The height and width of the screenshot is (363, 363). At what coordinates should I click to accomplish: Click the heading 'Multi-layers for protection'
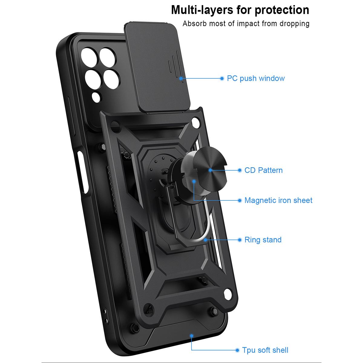click(240, 10)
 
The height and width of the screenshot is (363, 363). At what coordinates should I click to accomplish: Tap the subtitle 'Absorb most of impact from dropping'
click(246, 24)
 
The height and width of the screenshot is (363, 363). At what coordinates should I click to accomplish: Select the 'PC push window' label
click(256, 78)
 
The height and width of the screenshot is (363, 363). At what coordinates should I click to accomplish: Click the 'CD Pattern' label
click(263, 170)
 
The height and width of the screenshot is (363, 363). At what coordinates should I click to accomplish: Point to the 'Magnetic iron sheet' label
click(278, 200)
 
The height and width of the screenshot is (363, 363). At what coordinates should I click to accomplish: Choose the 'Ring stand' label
click(263, 240)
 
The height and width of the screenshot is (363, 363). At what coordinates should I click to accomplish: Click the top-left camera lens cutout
click(89, 57)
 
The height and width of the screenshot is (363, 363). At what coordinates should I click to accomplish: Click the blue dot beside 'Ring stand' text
click(240, 240)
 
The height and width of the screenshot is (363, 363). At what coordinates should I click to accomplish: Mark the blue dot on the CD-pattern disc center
click(211, 170)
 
